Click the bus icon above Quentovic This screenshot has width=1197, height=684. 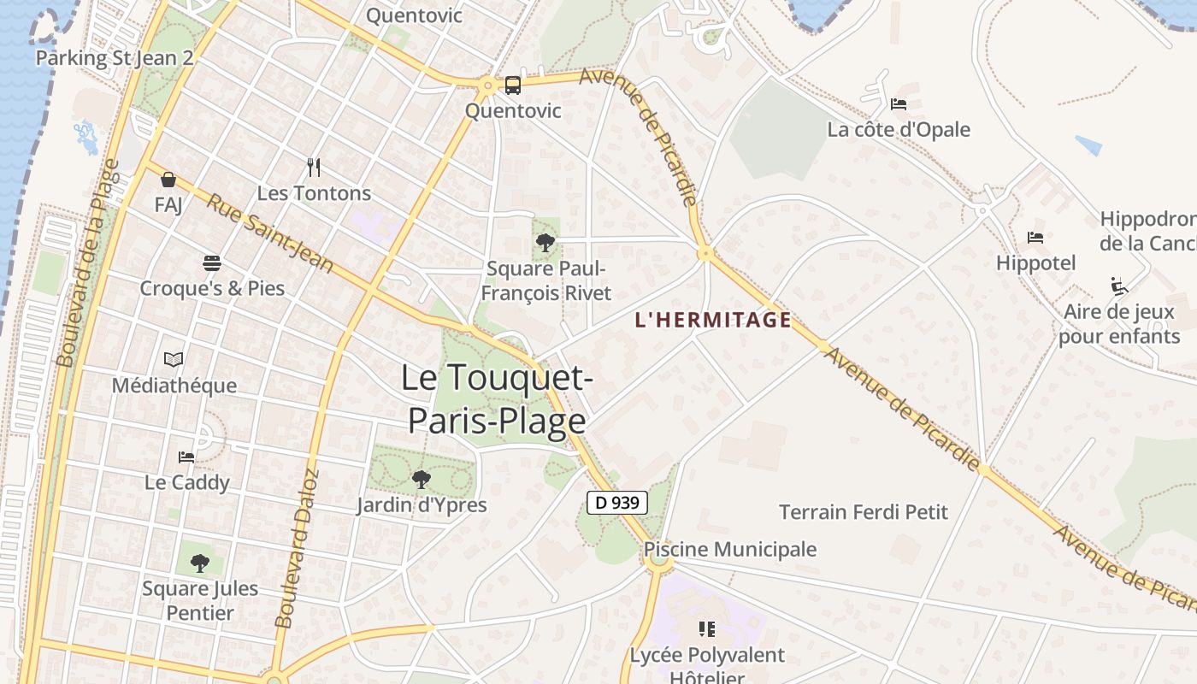point(512,85)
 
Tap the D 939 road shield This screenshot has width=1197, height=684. point(617,503)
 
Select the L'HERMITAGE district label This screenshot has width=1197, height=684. point(712,321)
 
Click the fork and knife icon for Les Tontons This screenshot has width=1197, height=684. point(314,168)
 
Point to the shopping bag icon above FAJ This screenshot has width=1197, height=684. point(168,180)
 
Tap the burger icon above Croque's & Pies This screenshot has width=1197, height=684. point(212,262)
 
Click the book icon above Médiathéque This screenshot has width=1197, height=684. point(174,360)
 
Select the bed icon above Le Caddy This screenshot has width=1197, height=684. point(186,457)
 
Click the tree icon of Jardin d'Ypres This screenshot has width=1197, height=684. point(421,480)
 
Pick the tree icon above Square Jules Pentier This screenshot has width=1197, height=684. point(200,563)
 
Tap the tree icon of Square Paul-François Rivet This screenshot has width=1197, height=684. point(545,243)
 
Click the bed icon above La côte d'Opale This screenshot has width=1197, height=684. point(898,104)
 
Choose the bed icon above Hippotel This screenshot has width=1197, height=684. point(1035,238)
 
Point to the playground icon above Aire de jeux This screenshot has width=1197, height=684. point(1118,286)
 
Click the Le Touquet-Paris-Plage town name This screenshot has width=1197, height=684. point(497,399)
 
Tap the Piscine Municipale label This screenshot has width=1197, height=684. point(730,549)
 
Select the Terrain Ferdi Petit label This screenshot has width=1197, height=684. point(864,512)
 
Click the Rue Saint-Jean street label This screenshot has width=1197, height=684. point(270,233)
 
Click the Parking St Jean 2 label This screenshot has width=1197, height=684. point(115,58)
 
